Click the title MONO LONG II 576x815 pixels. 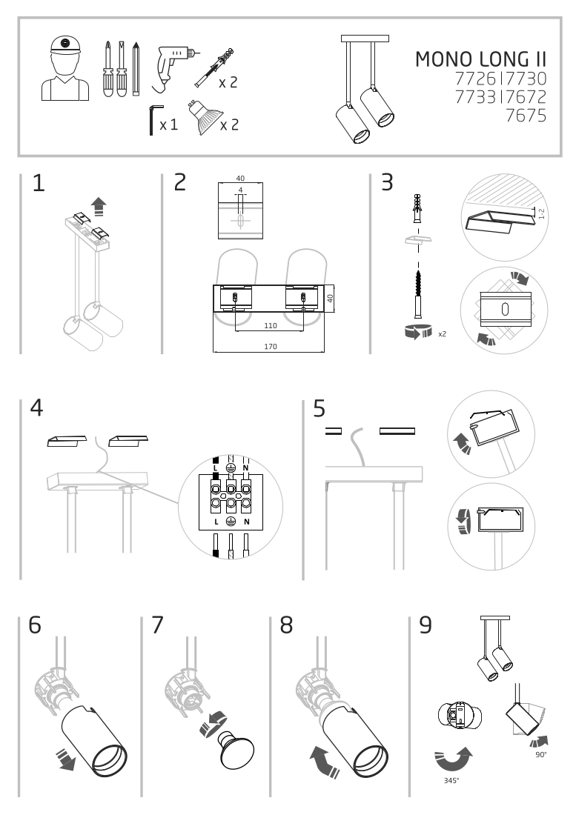tap(480, 60)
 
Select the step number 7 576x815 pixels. tap(156, 625)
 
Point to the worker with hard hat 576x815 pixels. tap(65, 68)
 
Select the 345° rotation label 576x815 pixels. tap(449, 779)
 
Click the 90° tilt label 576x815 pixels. tap(540, 754)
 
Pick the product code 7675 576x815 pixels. tap(526, 116)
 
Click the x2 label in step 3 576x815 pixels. tap(442, 334)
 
